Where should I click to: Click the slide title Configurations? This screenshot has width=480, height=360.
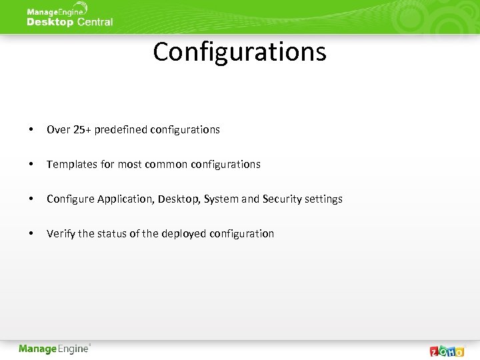click(x=239, y=52)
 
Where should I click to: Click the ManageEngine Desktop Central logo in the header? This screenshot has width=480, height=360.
click(x=69, y=17)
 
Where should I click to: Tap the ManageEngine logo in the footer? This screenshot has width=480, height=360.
click(x=54, y=349)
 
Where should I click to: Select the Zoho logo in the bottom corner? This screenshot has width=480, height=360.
click(x=447, y=351)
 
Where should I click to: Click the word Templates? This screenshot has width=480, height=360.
click(x=72, y=164)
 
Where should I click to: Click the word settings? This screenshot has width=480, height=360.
click(x=323, y=199)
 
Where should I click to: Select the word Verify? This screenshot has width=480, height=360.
click(x=61, y=233)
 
